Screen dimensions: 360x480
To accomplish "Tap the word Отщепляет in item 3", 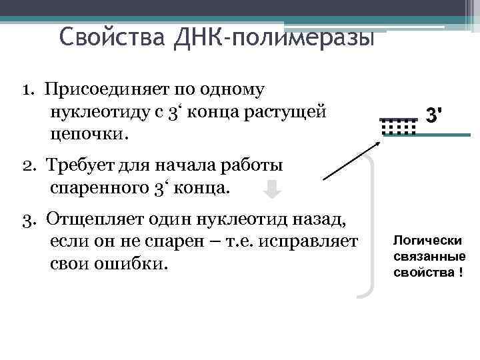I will (91, 219).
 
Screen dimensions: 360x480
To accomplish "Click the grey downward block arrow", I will (271, 190).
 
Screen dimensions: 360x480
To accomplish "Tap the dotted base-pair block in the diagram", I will (398, 126).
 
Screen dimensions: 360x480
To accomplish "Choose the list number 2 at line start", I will (26, 165).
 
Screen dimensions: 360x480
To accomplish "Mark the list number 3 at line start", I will (26, 219).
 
